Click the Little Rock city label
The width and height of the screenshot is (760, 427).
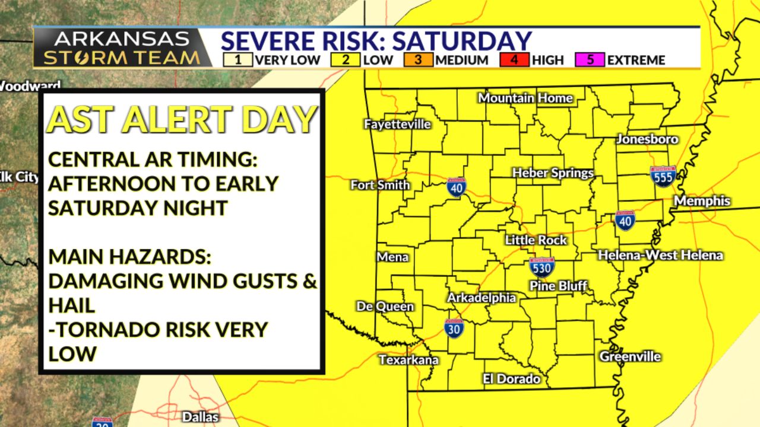pyautogui.click(x=536, y=240)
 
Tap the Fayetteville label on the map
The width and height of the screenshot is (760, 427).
pyautogui.click(x=397, y=125)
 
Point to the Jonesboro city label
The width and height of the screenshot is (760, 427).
pyautogui.click(x=647, y=139)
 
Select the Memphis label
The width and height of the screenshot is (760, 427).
pyautogui.click(x=702, y=201)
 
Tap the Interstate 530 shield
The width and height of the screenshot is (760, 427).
pyautogui.click(x=541, y=267)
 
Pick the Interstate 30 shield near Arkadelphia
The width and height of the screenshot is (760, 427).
pyautogui.click(x=454, y=328)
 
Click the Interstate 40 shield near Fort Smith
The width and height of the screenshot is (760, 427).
pyautogui.click(x=456, y=187)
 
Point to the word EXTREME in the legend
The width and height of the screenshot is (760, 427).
pyautogui.click(x=636, y=60)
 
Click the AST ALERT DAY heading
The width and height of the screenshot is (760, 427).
pyautogui.click(x=180, y=119)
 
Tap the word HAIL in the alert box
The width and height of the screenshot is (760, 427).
pyautogui.click(x=71, y=305)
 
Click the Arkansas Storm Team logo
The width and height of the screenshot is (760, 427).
pyautogui.click(x=123, y=47)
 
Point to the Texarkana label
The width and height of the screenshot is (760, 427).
pyautogui.click(x=408, y=360)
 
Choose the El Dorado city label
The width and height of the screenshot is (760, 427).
pyautogui.click(x=511, y=379)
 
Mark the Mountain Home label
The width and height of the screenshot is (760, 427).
pyautogui.click(x=525, y=98)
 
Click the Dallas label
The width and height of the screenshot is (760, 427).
pyautogui.click(x=200, y=417)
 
